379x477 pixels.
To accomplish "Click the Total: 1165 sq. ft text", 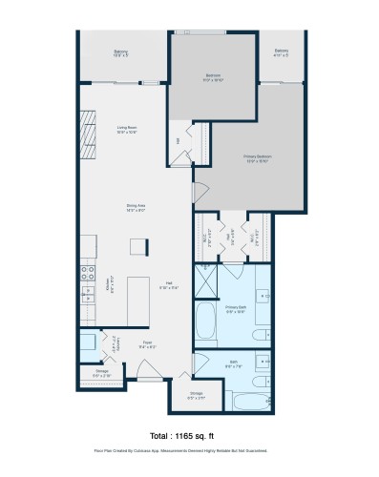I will (189, 434).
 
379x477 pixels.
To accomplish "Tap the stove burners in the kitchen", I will (87, 271).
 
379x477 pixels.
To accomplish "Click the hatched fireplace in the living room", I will (88, 134).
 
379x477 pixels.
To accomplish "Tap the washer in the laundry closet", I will (89, 342).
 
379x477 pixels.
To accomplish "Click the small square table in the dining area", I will (139, 246).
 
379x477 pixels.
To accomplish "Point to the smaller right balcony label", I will (281, 53).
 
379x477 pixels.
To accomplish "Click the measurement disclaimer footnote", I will (189, 450).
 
